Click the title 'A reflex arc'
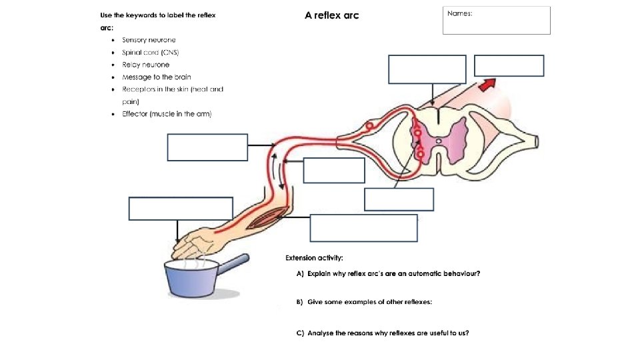(331, 15)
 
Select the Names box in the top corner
(496, 20)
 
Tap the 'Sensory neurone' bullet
(149, 40)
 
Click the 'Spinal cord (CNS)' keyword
(150, 53)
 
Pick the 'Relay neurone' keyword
(145, 65)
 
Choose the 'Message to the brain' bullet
(156, 77)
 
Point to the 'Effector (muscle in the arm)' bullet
(166, 114)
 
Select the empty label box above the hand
(181, 208)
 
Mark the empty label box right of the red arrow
(509, 66)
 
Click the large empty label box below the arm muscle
(363, 228)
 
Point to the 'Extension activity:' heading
(314, 257)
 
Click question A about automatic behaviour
(389, 273)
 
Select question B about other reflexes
(365, 302)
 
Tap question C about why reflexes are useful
(383, 333)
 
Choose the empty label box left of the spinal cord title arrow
(427, 69)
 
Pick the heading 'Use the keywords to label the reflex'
(157, 15)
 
